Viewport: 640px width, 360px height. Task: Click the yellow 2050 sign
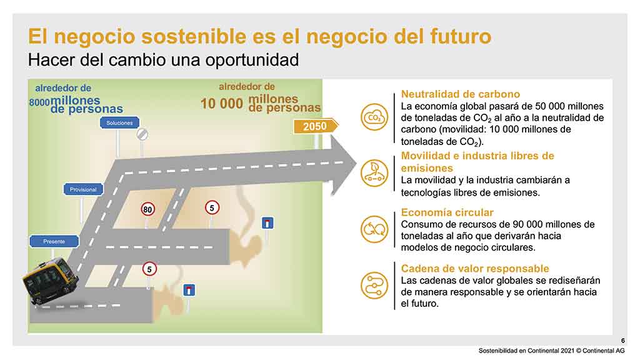tap(315, 126)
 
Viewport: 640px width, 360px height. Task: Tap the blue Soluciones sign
tap(119, 123)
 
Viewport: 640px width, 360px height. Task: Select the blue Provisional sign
tap(83, 189)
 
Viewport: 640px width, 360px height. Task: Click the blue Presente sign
tap(54, 241)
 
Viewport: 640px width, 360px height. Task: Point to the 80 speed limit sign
tap(147, 209)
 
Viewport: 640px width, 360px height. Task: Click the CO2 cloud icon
tap(374, 117)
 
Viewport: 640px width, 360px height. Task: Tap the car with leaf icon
tap(374, 173)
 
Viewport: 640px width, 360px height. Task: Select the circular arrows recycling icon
tap(374, 229)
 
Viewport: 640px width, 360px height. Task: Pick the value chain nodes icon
tap(374, 286)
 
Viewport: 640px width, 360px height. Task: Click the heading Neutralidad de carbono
tap(461, 94)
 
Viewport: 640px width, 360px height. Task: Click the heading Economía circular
tap(447, 212)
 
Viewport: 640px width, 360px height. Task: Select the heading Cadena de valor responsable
tap(475, 269)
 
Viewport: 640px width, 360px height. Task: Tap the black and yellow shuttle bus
tap(50, 281)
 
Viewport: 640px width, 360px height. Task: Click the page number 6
tap(623, 341)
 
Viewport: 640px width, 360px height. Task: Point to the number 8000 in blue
tap(39, 102)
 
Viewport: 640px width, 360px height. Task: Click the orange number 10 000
tap(222, 104)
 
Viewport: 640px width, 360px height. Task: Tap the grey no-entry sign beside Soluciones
tap(142, 134)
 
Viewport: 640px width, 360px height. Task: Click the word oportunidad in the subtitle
tap(252, 60)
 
